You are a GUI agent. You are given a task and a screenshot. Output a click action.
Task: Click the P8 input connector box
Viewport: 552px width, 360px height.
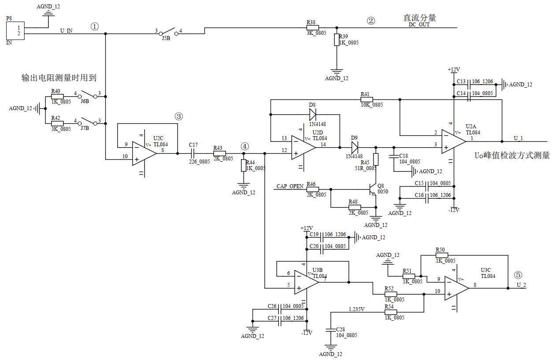click(15, 30)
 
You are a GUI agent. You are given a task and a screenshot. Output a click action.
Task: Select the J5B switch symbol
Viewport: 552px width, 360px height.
click(169, 32)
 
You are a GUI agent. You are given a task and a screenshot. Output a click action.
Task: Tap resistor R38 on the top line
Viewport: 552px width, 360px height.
click(312, 28)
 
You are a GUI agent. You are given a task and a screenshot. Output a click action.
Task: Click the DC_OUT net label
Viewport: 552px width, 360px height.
click(419, 25)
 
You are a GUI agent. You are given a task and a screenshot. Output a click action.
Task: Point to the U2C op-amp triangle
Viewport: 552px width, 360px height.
click(144, 153)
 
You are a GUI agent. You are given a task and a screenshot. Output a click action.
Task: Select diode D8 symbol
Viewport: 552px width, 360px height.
click(312, 114)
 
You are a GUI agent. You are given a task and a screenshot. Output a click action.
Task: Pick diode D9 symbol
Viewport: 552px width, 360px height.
click(355, 147)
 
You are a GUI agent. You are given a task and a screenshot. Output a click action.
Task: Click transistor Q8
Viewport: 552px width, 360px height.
click(373, 189)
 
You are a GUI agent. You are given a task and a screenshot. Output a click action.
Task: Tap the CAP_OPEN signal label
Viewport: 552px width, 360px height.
click(290, 186)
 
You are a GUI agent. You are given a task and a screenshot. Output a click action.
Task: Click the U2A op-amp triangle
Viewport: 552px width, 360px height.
click(454, 141)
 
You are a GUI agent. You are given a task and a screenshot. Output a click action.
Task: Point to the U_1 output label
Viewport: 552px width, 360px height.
click(518, 138)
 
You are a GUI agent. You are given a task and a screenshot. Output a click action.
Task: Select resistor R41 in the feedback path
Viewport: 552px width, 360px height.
click(367, 100)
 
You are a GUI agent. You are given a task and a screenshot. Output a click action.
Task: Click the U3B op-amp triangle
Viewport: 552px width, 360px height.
click(307, 282)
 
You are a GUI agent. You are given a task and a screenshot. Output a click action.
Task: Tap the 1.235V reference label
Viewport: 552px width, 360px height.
click(356, 309)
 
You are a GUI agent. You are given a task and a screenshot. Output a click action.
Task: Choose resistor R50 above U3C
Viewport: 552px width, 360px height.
click(442, 255)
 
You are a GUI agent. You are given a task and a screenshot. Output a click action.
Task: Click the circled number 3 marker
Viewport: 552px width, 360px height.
click(179, 116)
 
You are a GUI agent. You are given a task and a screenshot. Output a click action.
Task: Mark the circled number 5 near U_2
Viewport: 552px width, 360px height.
click(518, 275)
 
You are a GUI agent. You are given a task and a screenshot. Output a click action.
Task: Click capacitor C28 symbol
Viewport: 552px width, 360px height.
click(330, 330)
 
